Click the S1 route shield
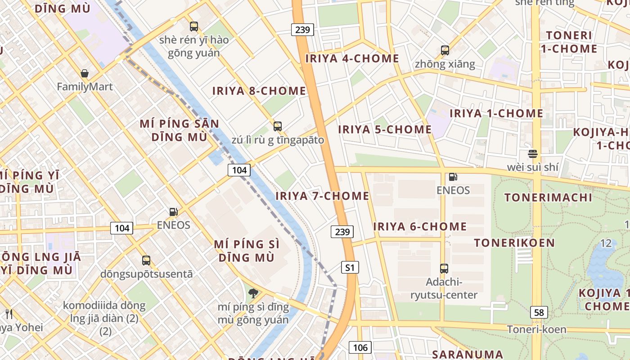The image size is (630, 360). click(x=350, y=268)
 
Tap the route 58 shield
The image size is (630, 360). click(x=539, y=312)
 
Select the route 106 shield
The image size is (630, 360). click(x=360, y=347)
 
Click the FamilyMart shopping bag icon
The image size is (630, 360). click(x=85, y=73)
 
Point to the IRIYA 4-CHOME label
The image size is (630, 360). click(x=352, y=58)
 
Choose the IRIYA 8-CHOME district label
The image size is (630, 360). click(x=259, y=91)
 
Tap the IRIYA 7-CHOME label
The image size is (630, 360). click(x=322, y=196)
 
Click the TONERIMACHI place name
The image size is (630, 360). click(x=548, y=198)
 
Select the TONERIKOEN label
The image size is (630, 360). click(x=514, y=243)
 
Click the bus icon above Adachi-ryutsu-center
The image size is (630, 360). click(x=444, y=269)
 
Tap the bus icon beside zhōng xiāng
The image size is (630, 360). click(x=445, y=50)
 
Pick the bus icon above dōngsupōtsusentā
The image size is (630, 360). click(x=146, y=260)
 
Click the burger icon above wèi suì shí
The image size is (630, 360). click(x=533, y=154)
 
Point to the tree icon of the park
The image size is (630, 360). click(x=253, y=293)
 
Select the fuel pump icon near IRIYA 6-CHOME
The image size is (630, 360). click(x=453, y=177)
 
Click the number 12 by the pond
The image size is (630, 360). click(x=606, y=243)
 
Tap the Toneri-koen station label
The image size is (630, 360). click(x=536, y=329)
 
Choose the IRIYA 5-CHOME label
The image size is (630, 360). click(x=385, y=130)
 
